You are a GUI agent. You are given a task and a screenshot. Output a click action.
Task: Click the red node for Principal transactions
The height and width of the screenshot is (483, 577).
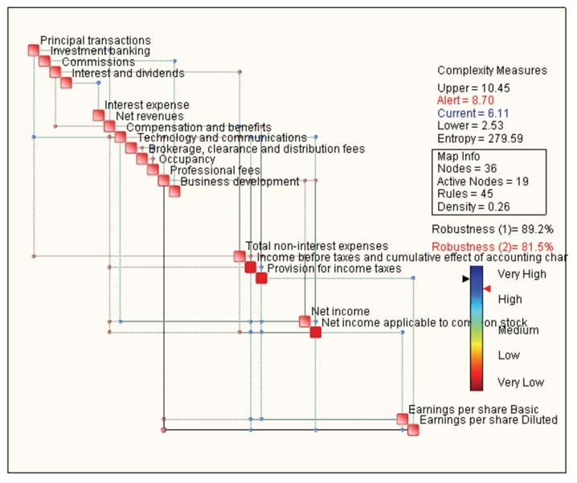34,50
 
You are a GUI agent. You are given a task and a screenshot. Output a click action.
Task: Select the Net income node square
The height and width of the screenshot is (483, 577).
305,321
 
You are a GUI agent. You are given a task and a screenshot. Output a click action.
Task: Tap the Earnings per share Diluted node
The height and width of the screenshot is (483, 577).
413,430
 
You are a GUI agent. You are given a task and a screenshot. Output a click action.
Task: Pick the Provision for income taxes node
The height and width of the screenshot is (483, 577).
261,278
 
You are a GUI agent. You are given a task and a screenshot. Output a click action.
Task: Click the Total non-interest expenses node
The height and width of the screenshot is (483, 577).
239,256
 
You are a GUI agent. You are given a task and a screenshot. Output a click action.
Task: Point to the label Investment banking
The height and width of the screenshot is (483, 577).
100,51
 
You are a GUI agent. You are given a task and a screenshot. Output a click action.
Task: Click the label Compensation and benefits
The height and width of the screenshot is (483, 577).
198,128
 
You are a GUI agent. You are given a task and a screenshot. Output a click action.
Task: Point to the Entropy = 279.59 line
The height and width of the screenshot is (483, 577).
480,139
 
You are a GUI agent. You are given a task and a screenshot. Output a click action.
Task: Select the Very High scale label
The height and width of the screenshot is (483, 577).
522,274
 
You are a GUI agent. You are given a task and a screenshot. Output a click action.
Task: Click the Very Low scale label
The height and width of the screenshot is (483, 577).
520,383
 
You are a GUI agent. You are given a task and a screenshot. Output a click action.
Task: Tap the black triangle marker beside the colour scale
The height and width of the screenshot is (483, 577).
465,279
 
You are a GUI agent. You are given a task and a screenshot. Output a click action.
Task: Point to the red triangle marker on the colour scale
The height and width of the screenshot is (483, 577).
486,289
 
